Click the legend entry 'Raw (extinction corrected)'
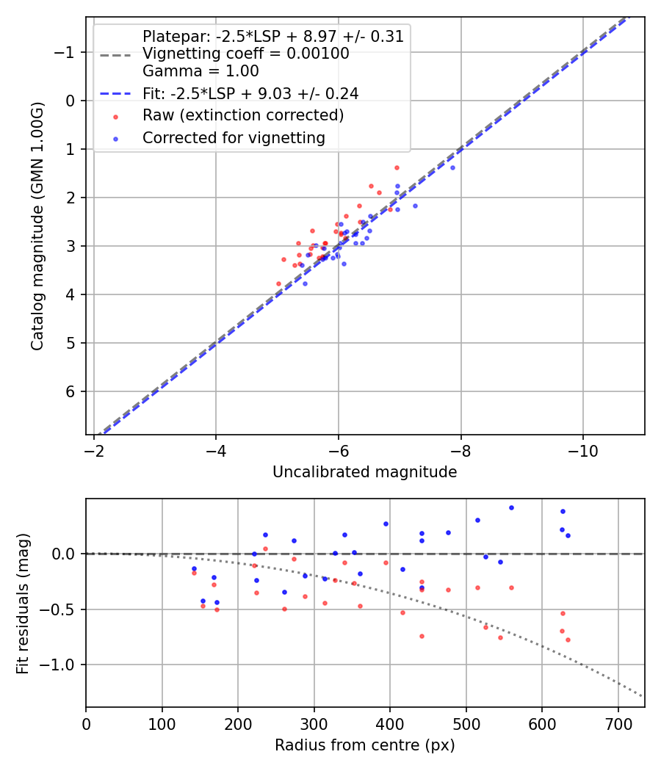point(242,115)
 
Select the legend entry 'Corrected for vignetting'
point(234,137)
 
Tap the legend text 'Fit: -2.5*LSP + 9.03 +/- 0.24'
point(250,94)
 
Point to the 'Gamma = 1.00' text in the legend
point(201,72)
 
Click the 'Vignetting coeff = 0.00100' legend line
point(245,54)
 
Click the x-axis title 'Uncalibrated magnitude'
point(364,472)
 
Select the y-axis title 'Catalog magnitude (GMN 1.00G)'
point(38,226)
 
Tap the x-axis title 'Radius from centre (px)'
point(364,745)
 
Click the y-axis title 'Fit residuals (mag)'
point(22,604)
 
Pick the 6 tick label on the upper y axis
point(71,391)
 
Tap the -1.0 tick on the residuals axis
point(61,665)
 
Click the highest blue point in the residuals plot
point(511,507)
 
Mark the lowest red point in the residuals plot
point(568,640)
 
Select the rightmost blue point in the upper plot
point(452,167)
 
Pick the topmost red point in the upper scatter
point(397,167)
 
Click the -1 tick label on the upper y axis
point(66,52)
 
